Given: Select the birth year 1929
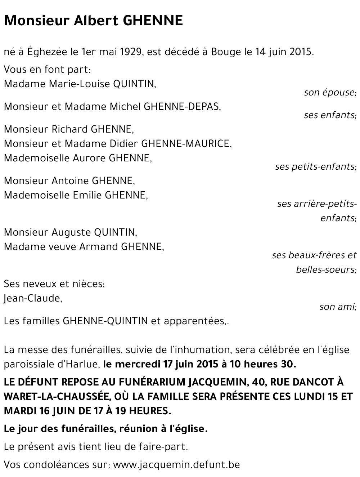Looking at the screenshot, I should [x=130, y=52].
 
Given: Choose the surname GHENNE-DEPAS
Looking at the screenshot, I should [x=182, y=107].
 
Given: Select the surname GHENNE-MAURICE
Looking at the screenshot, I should [x=186, y=144].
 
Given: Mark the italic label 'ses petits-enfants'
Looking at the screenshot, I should [x=315, y=167].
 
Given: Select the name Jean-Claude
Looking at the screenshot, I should [x=32, y=298].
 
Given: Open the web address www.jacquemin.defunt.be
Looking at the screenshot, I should [x=176, y=465].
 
